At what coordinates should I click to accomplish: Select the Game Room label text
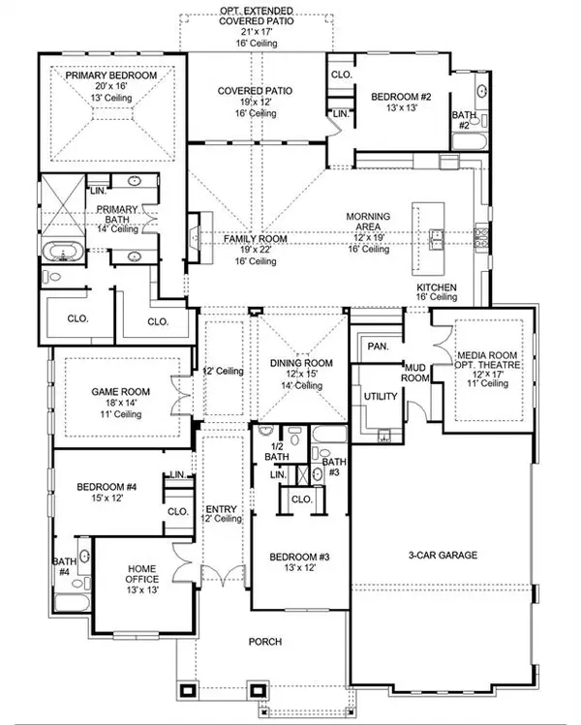pyautogui.click(x=117, y=391)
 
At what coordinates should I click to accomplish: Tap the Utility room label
pyautogui.click(x=375, y=397)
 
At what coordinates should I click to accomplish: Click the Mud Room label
pyautogui.click(x=415, y=373)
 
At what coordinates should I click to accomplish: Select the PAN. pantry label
pyautogui.click(x=377, y=345)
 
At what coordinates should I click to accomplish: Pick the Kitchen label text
pyautogui.click(x=437, y=289)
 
